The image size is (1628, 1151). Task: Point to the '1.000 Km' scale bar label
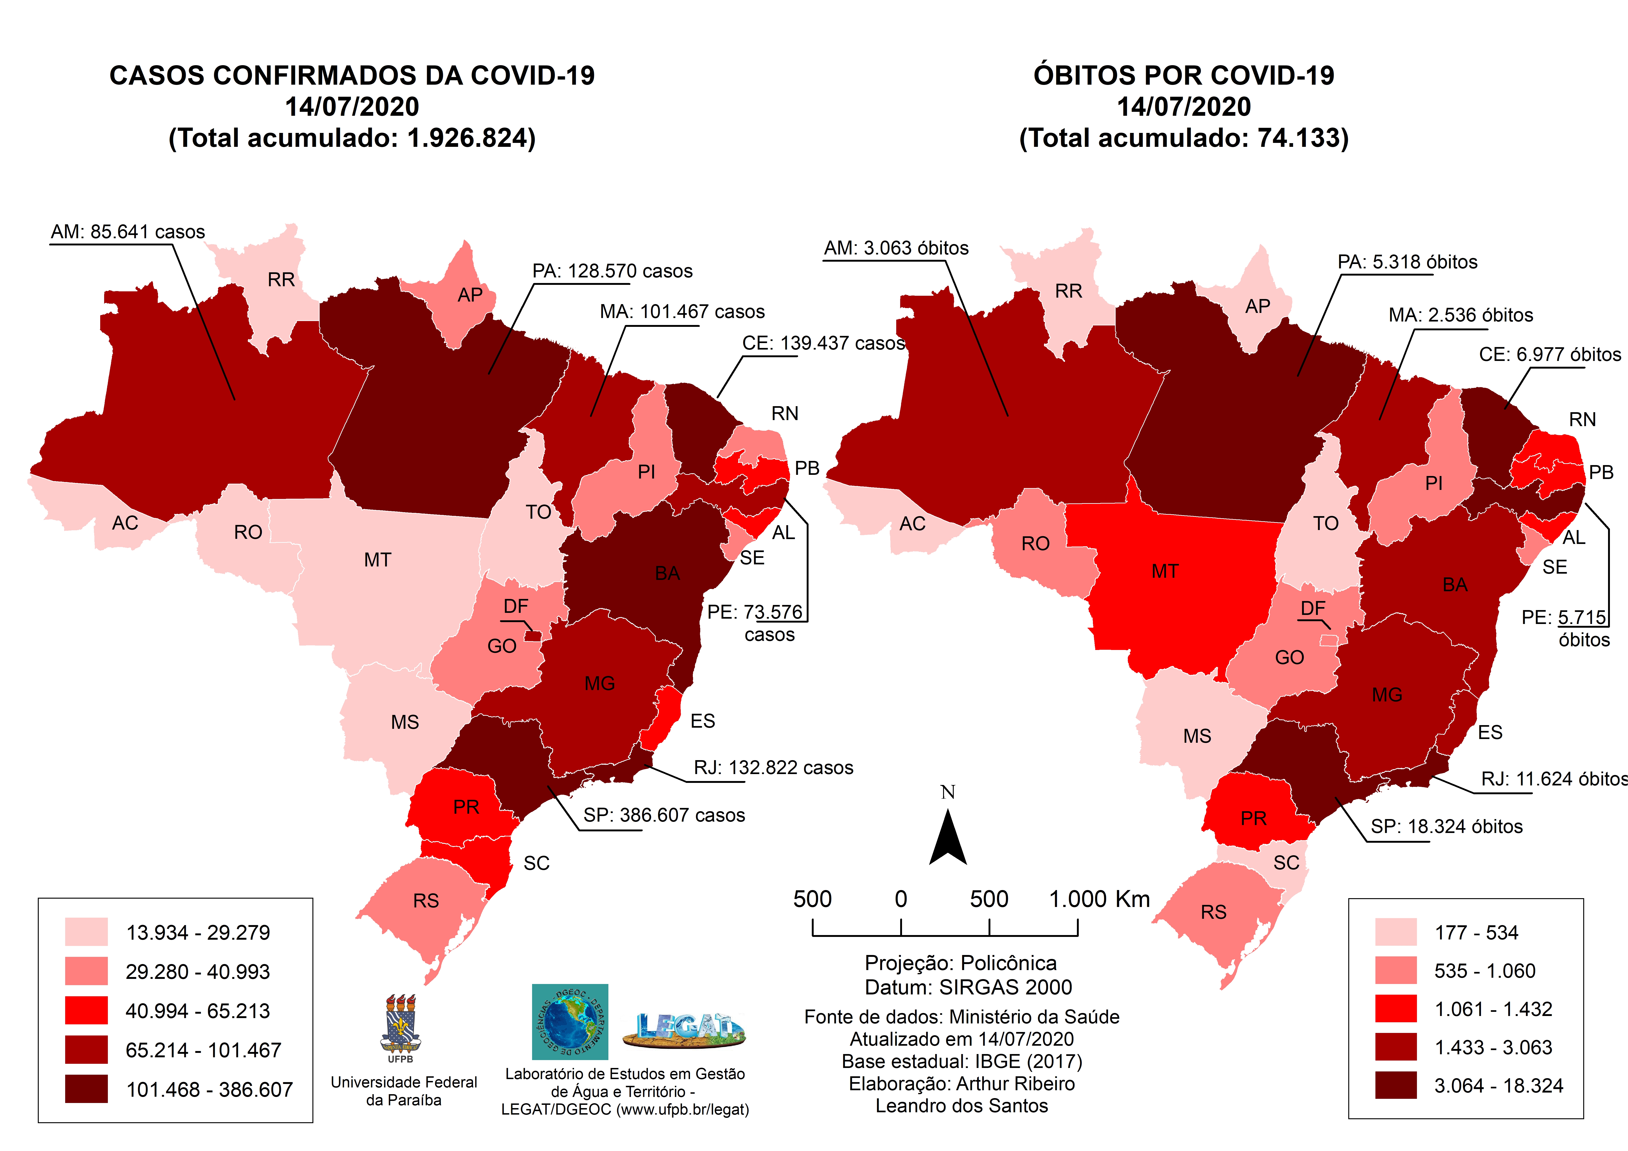point(1099,899)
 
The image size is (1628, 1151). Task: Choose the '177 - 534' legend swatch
point(1395,932)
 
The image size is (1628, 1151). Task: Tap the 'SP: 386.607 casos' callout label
point(664,816)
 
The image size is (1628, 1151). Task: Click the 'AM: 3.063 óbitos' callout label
point(896,248)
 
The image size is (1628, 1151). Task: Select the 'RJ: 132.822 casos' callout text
point(773,768)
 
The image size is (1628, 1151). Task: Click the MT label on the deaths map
point(1165,572)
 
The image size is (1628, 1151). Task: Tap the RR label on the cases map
point(281,280)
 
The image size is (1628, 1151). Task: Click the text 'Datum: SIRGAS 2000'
point(968,987)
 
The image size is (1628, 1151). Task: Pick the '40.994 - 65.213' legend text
point(198,1011)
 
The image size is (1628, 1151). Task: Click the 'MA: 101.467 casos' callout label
point(682,312)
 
